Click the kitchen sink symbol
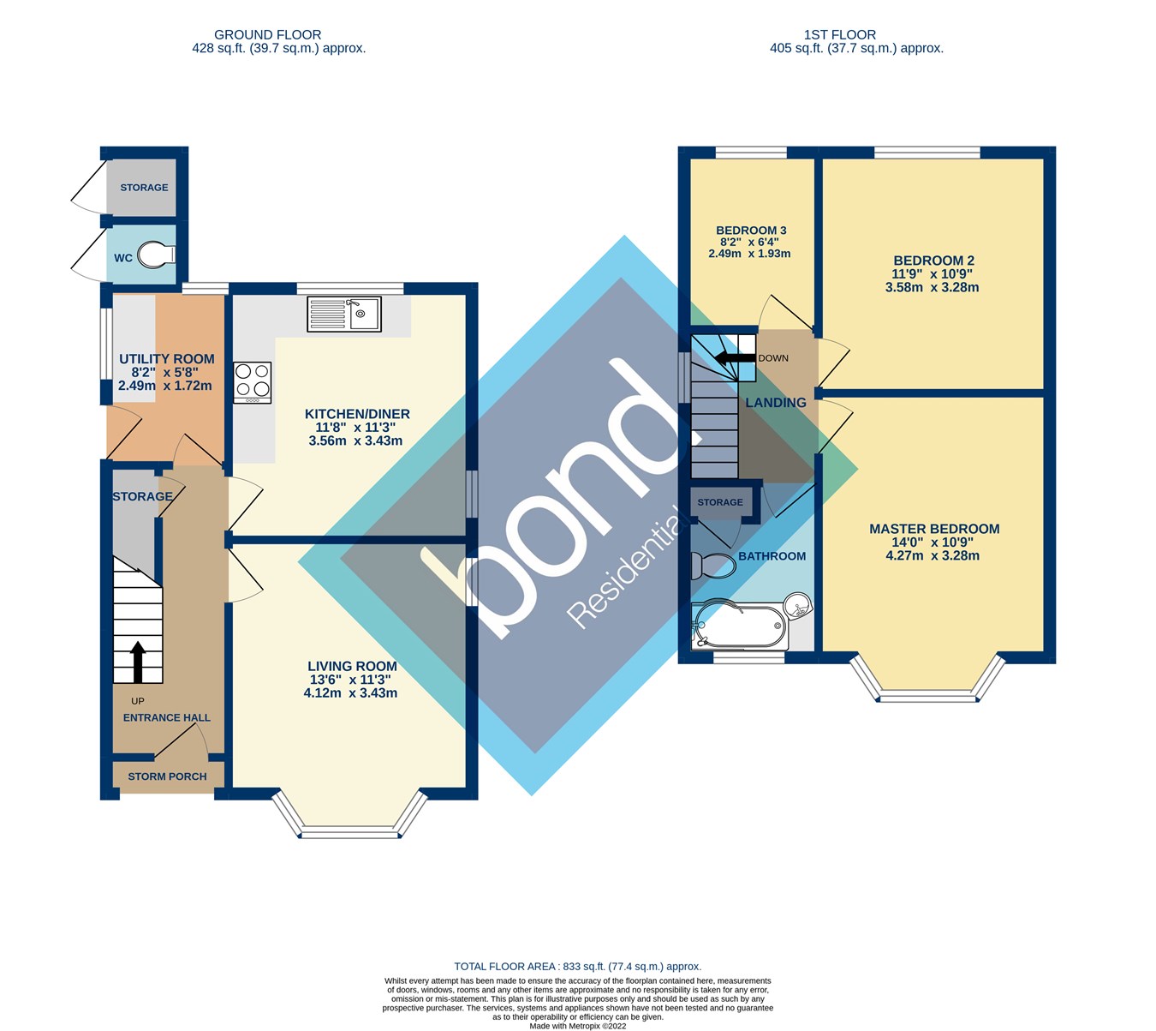pos(345,314)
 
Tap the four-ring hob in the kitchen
pos(253,382)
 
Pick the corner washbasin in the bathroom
pos(797,607)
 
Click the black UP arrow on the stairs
pos(137,661)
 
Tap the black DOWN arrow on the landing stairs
pos(730,358)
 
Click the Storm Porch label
pos(167,776)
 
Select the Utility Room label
pos(166,359)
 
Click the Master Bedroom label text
pos(934,529)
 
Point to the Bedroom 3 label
pos(751,231)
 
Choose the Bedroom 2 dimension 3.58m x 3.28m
pos(933,287)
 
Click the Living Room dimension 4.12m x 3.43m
pos(350,692)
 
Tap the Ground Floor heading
pos(267,35)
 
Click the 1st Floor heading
pos(839,35)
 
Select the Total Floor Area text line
pos(577,967)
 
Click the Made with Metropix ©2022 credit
pos(578,1025)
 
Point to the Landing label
pos(776,402)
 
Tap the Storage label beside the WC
pos(144,188)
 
